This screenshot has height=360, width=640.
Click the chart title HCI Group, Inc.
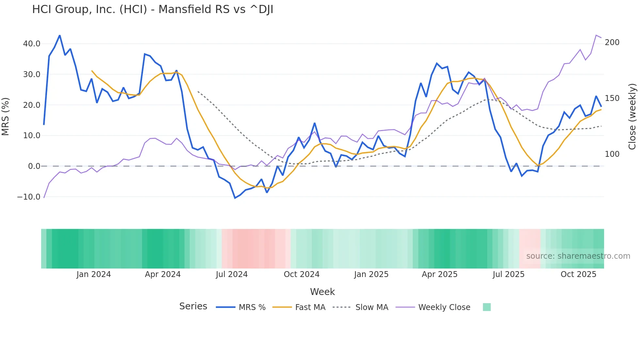coord(152,9)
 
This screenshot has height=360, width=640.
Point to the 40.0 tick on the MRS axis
coord(32,44)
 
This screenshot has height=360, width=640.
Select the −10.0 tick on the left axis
coord(29,197)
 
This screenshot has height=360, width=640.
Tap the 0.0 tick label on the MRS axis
coord(34,166)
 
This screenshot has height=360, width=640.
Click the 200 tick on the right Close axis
coord(612,42)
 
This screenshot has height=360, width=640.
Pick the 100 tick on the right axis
coord(612,154)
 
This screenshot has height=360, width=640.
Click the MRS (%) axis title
coord(6,116)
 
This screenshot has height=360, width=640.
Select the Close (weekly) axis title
coord(632,116)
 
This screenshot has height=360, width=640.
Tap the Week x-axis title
coord(322,292)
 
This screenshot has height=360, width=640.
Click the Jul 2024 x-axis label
coord(232,274)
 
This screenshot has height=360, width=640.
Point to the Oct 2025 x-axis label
coord(578,274)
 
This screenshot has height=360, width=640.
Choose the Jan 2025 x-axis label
coord(371,274)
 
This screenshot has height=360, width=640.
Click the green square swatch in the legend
coord(487,307)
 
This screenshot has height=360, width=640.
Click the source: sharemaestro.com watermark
coord(578,256)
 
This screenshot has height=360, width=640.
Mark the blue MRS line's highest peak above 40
coord(60,35)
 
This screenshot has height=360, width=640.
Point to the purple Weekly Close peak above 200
coord(596,35)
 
